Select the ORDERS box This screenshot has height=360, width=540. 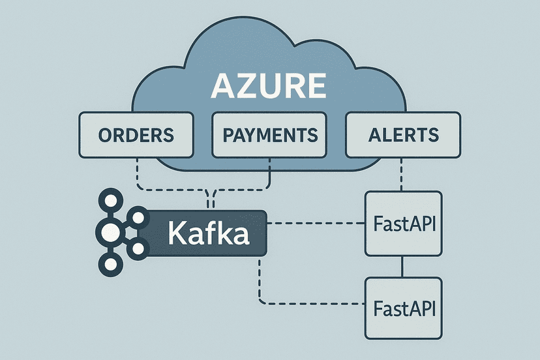136,135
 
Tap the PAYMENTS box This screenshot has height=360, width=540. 270,135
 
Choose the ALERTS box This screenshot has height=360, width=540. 403,135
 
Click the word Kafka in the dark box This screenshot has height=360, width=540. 208,233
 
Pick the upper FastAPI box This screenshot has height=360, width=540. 403,224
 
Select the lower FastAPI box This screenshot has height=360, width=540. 403,307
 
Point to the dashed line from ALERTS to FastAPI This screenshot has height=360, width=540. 403,174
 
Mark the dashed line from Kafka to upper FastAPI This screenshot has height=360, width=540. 316,224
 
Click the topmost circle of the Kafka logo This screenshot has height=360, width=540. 108,200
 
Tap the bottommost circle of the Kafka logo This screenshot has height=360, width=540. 108,263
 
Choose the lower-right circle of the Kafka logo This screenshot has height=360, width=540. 137,248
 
